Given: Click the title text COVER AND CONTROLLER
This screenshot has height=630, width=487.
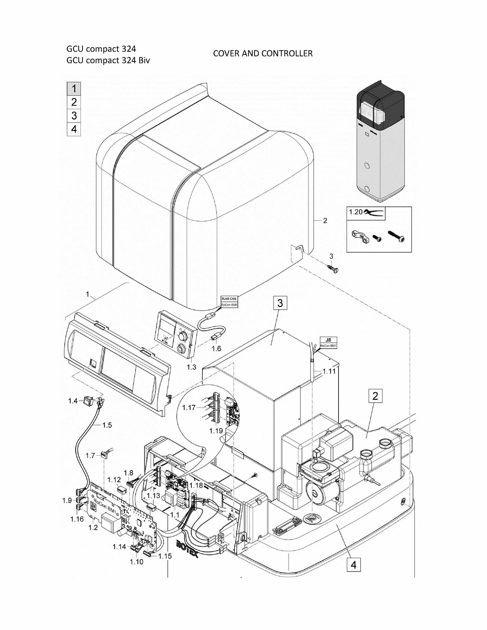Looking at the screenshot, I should point(262,54).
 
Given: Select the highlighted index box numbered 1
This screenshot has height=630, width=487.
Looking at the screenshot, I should point(74,89).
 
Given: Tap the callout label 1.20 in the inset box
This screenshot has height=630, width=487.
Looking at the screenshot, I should point(355,212).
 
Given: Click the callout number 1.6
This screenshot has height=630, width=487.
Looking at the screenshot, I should point(217,348).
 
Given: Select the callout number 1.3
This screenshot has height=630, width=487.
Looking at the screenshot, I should point(191,367).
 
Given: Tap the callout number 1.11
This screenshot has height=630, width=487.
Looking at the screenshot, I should point(329,371).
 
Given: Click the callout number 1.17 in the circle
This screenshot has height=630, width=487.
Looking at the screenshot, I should point(189,408).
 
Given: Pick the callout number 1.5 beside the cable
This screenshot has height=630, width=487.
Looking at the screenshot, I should point(107,425).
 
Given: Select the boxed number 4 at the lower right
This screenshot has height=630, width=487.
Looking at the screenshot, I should point(353,565).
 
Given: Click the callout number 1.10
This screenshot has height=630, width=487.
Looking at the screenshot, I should point(136,562).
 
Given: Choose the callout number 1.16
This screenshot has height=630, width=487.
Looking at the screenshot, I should point(77,519).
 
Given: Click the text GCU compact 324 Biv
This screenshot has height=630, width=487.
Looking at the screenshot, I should point(108,60).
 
